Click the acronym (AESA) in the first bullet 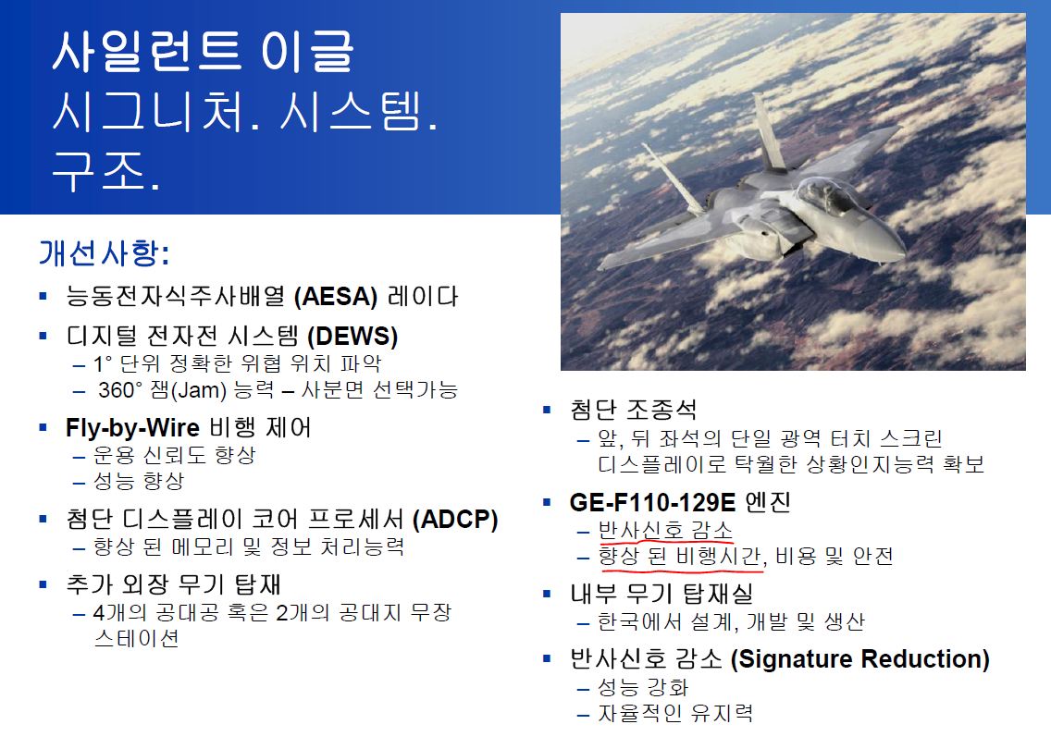336,296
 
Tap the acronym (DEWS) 352,336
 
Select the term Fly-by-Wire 132,427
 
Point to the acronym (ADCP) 455,519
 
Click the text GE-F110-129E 652,502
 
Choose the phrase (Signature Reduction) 860,658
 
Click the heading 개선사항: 104,252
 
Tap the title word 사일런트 147,51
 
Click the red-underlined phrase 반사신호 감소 665,530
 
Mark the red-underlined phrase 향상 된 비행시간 680,556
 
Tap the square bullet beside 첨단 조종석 547,410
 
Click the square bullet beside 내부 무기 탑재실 547,594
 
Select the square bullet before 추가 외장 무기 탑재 43,584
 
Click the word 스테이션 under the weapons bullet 137,638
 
